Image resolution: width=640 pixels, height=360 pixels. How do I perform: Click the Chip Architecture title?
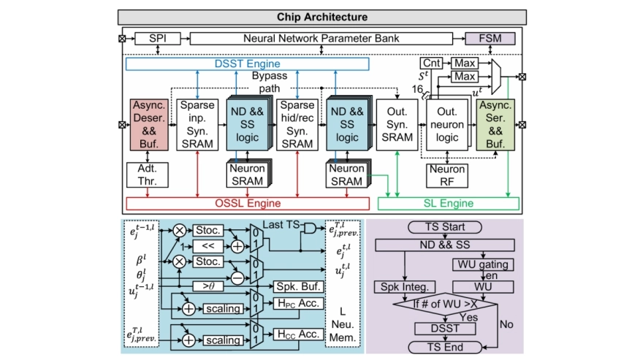point(321,17)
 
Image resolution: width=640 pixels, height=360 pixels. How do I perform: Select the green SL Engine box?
point(449,204)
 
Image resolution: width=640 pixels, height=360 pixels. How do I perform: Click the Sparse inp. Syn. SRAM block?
point(198,125)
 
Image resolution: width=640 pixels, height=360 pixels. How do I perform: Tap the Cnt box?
point(431,64)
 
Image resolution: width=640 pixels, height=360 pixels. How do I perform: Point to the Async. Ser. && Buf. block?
point(496,125)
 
